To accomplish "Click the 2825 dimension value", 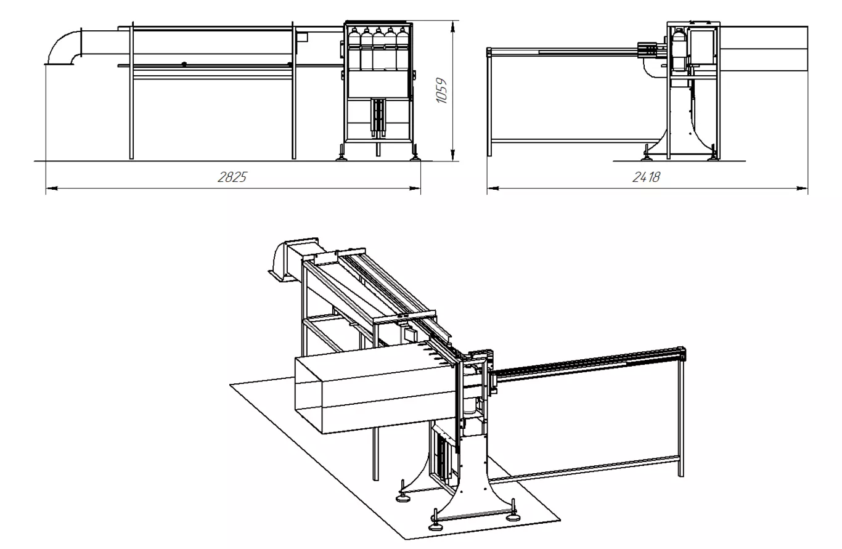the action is (232, 177).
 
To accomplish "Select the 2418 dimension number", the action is (646, 177).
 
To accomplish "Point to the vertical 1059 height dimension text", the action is (441, 91).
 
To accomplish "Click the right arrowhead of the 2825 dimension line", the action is (415, 188).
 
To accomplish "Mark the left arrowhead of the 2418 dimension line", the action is (493, 188).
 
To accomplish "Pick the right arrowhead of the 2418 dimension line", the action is (802, 188).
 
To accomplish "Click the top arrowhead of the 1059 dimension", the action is (453, 26).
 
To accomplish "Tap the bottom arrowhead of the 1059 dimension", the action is (453, 155).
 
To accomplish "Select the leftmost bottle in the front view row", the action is (354, 49).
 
